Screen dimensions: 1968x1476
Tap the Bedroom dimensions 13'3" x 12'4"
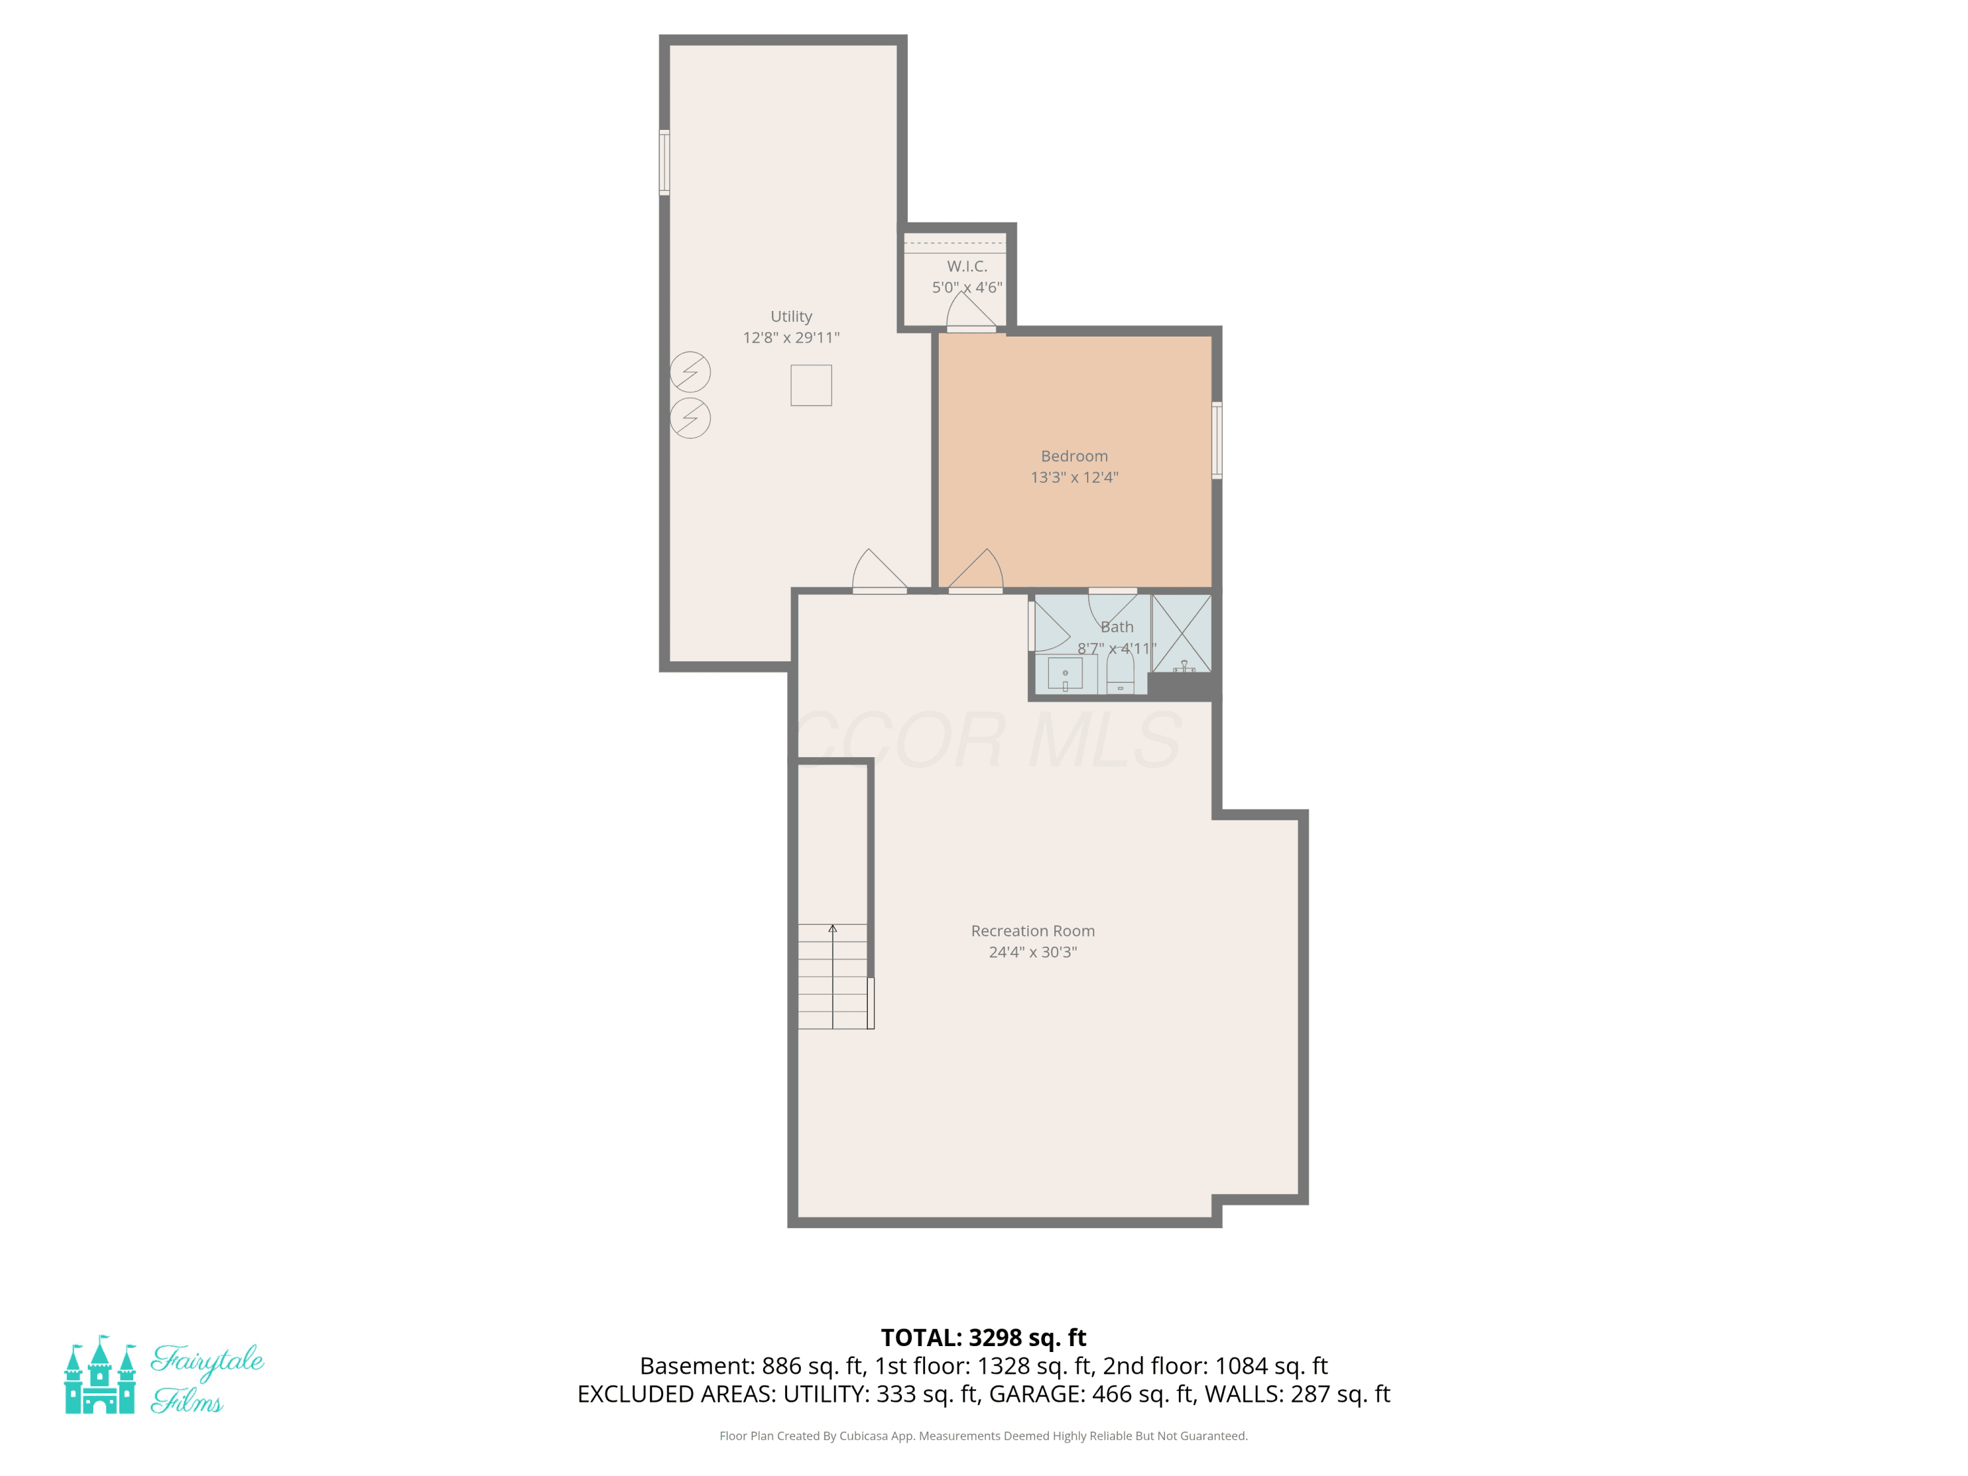click(x=1074, y=477)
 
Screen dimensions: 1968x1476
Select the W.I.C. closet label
click(x=967, y=266)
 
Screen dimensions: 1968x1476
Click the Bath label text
click(x=1117, y=626)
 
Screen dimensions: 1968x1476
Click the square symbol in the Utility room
click(x=811, y=385)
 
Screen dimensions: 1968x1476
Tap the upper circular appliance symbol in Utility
click(x=689, y=372)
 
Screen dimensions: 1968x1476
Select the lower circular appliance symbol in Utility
click(x=689, y=418)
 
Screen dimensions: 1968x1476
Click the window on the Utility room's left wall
click(x=664, y=162)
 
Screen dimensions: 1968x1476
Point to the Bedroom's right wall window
click(x=1216, y=440)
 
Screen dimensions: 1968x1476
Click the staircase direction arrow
click(x=832, y=976)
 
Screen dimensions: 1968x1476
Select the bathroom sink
click(x=1065, y=674)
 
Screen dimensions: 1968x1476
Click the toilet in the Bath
click(x=1120, y=674)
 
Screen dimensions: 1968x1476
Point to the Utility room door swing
click(x=879, y=570)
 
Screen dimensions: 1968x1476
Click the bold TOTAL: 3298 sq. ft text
click(x=983, y=1337)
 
